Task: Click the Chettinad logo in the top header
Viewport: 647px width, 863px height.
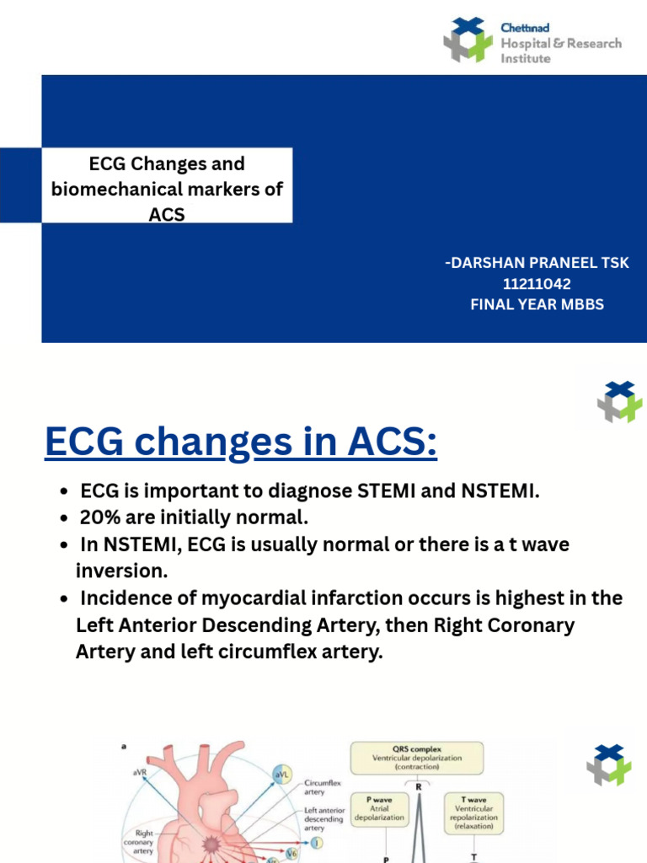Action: pyautogui.click(x=468, y=40)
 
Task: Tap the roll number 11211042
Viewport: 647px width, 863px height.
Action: pyautogui.click(x=537, y=284)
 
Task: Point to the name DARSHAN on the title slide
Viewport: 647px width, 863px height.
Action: pyautogui.click(x=486, y=263)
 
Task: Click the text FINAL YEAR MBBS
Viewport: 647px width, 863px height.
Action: pyautogui.click(x=537, y=304)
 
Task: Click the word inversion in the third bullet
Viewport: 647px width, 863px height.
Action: pyautogui.click(x=121, y=571)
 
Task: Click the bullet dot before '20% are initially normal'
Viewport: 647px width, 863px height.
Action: pyautogui.click(x=65, y=518)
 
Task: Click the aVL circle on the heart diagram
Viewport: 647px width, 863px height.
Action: pyautogui.click(x=280, y=774)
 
